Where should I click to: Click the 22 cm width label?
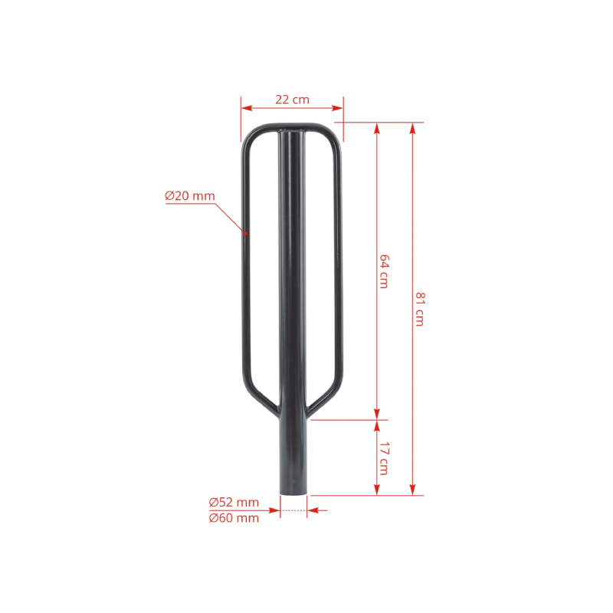pos(292,100)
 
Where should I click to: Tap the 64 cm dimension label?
pos(385,271)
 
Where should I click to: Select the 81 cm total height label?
pos(419,309)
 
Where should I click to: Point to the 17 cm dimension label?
pos(385,458)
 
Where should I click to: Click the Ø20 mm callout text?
pos(190,196)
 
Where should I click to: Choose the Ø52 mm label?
pos(234,502)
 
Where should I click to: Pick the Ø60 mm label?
pos(234,518)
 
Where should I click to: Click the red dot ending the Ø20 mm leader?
pos(245,234)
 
